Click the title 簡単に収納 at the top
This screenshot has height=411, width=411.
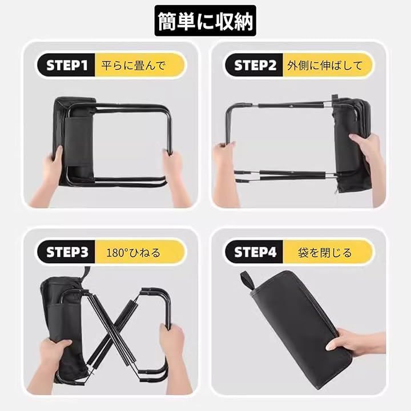click(x=205, y=21)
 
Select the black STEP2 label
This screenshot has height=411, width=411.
click(x=255, y=65)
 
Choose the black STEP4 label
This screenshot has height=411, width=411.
click(x=255, y=252)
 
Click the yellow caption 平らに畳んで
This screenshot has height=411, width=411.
click(x=134, y=65)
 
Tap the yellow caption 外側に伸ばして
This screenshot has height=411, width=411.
click(x=325, y=65)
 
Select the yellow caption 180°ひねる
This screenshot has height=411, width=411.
click(x=133, y=253)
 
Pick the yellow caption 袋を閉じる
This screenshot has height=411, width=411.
click(x=325, y=253)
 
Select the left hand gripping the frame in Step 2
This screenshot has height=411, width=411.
click(x=225, y=168)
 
